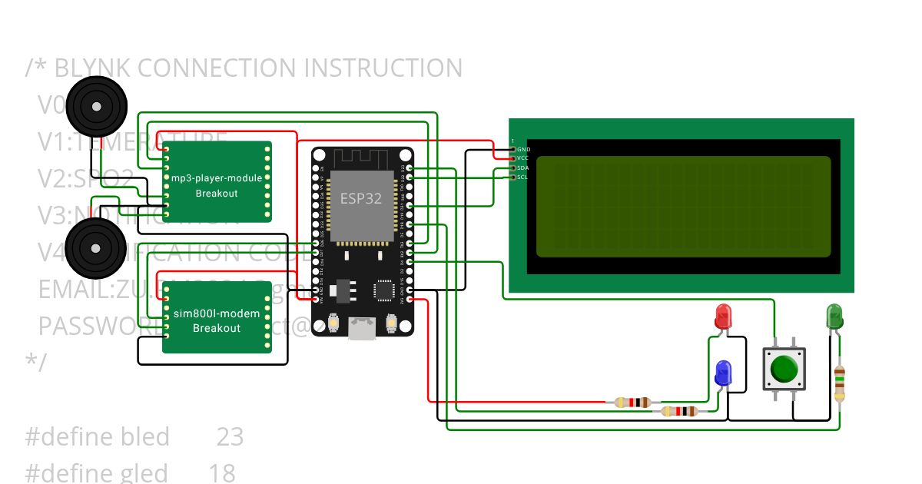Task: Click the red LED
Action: point(723,316)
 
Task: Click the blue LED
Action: point(723,373)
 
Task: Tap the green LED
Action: point(834,316)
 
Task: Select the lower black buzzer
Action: point(95,247)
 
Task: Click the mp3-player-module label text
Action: point(217,178)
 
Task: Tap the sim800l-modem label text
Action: point(217,314)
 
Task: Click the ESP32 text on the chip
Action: point(361,197)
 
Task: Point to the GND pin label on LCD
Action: point(523,149)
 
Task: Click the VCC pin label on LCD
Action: point(523,158)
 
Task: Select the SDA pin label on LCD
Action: point(523,167)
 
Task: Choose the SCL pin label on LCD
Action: point(523,177)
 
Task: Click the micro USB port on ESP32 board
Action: point(361,330)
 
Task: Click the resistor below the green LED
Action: point(840,384)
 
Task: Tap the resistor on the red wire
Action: point(633,402)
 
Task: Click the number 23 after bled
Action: point(230,437)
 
